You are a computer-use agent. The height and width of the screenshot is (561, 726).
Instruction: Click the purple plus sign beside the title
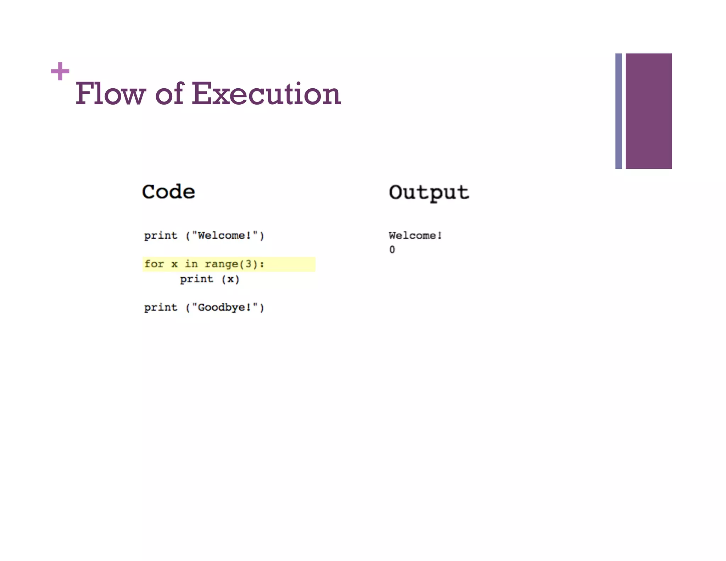[x=60, y=71]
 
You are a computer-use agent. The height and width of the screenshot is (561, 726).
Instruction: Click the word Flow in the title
[x=110, y=94]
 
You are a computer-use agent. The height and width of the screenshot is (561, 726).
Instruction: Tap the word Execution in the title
[x=266, y=94]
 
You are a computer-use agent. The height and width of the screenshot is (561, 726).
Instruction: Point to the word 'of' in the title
[x=169, y=94]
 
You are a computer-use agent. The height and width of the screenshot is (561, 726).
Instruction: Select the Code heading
[x=168, y=192]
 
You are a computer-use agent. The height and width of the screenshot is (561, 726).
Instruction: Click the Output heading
[x=429, y=193]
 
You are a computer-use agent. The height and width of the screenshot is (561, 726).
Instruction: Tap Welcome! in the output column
[x=415, y=235]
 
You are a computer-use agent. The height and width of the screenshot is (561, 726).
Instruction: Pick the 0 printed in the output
[x=392, y=250]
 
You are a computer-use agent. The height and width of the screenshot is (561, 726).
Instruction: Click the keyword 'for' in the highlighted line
[x=154, y=264]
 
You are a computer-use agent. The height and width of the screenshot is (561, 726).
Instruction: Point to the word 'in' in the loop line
[x=191, y=264]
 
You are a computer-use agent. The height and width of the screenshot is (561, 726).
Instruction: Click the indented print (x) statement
[x=210, y=279]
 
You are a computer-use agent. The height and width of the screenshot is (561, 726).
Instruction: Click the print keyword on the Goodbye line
[x=161, y=307]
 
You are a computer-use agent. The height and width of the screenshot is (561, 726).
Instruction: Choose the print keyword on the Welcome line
[x=161, y=235]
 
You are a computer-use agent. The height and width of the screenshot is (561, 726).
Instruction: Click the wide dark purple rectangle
[x=648, y=111]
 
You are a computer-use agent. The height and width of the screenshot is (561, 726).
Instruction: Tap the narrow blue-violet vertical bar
[x=619, y=111]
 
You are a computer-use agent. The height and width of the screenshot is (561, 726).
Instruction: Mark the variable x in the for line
[x=174, y=264]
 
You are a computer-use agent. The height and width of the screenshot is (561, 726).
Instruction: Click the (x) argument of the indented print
[x=230, y=279]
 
